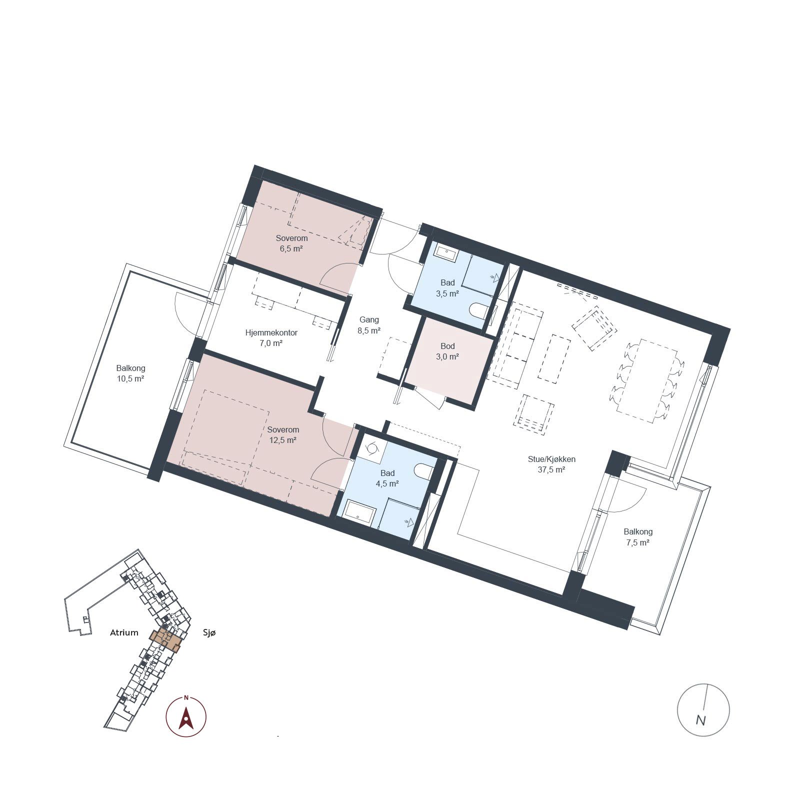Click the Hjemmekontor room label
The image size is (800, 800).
[x=271, y=332]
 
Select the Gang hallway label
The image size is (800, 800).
[x=369, y=319]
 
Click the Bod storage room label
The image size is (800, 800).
[x=447, y=346]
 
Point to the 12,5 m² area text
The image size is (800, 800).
[x=283, y=440]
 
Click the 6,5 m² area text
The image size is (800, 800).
[x=291, y=248]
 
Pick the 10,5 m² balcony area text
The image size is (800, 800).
[x=130, y=379]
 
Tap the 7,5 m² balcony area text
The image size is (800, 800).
[x=637, y=542]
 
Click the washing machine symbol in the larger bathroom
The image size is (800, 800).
[x=371, y=448]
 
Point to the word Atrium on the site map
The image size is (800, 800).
[x=124, y=632]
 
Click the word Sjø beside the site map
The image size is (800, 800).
[x=209, y=632]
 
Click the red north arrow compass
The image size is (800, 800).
[x=186, y=716]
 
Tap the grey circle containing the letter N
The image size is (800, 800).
[x=703, y=709]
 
